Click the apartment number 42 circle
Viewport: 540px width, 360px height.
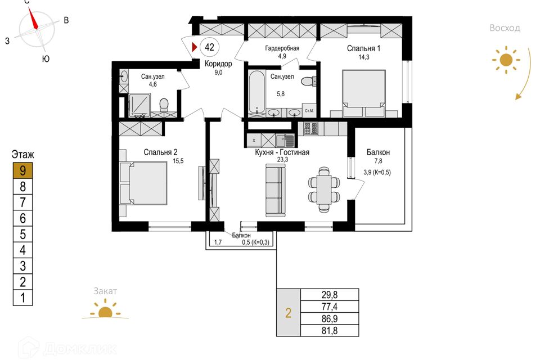click(209, 47)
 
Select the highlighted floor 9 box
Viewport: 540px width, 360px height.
click(22, 170)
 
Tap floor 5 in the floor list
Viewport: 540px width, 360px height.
click(22, 234)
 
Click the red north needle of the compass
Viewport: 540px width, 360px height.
click(33, 19)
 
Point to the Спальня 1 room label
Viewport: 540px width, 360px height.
click(363, 48)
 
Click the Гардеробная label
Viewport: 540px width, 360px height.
click(282, 48)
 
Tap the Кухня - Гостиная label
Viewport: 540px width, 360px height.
click(282, 152)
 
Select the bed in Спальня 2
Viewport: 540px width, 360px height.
click(143, 183)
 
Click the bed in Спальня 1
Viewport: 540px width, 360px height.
click(364, 89)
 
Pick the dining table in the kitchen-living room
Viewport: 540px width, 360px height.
click(324, 189)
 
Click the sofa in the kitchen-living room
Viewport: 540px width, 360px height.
click(276, 190)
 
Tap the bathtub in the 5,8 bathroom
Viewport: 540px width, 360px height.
click(256, 92)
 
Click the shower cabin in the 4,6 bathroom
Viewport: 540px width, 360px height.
click(139, 105)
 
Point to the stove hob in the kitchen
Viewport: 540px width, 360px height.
click(310, 129)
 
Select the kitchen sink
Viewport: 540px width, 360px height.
click(285, 141)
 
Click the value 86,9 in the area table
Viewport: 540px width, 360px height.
click(330, 319)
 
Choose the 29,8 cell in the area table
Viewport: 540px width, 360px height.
click(330, 295)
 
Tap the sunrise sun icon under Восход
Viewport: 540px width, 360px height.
click(506, 60)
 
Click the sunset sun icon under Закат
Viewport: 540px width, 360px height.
click(105, 309)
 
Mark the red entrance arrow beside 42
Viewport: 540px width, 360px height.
click(194, 47)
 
